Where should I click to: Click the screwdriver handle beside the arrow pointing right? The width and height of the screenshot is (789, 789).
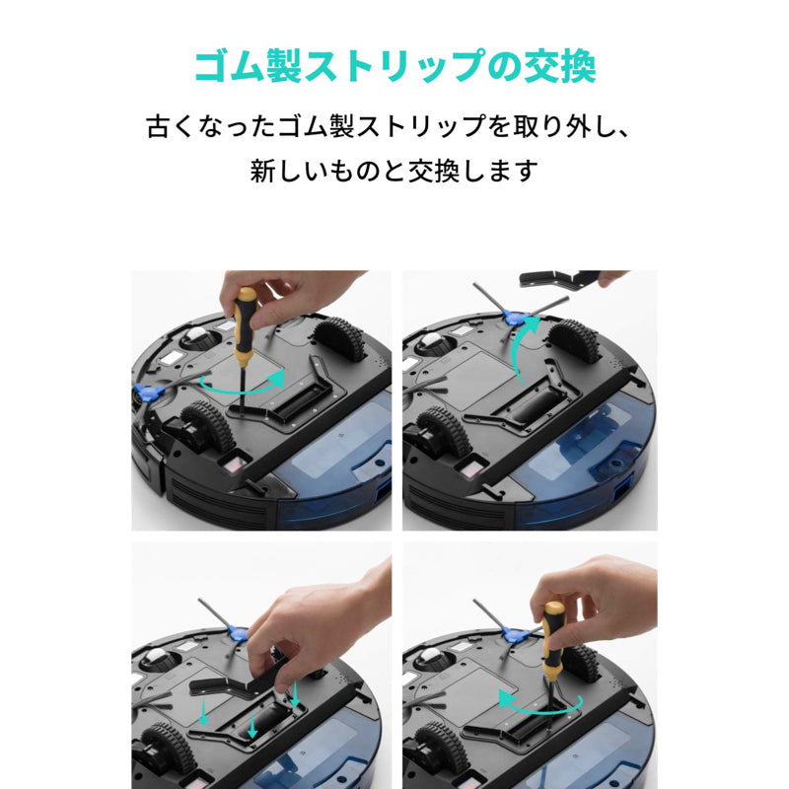[244, 316]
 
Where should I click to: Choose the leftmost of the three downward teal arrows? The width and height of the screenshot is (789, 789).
[202, 712]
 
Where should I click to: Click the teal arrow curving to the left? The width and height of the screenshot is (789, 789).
[538, 703]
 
